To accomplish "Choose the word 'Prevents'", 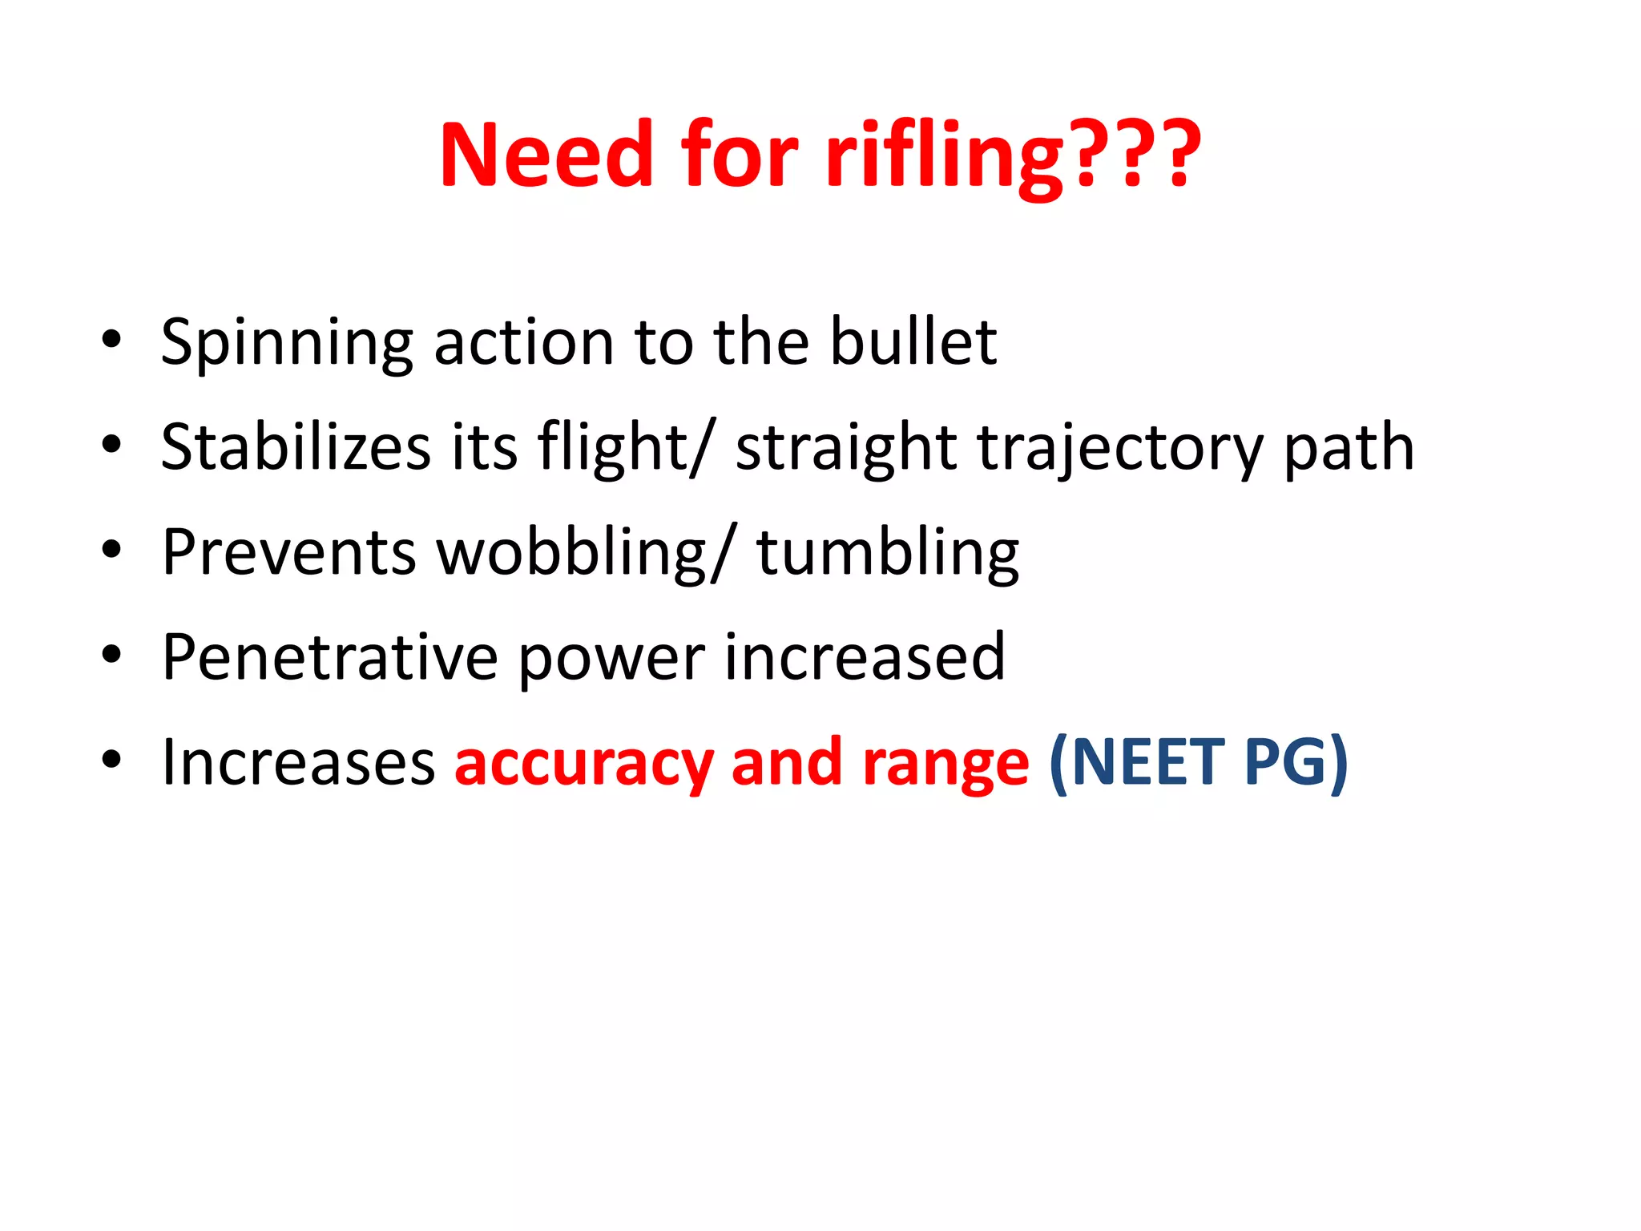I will (x=288, y=552).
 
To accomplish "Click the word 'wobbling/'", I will (x=584, y=552).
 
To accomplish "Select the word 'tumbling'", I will (x=888, y=552).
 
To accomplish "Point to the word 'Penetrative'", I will (x=329, y=657).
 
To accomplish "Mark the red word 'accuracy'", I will (x=583, y=764).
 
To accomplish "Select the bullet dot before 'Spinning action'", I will (x=111, y=339).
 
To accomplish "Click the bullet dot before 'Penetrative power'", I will (x=111, y=654).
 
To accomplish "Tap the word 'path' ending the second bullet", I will (x=1349, y=448).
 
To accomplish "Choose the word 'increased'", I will (x=865, y=657).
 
